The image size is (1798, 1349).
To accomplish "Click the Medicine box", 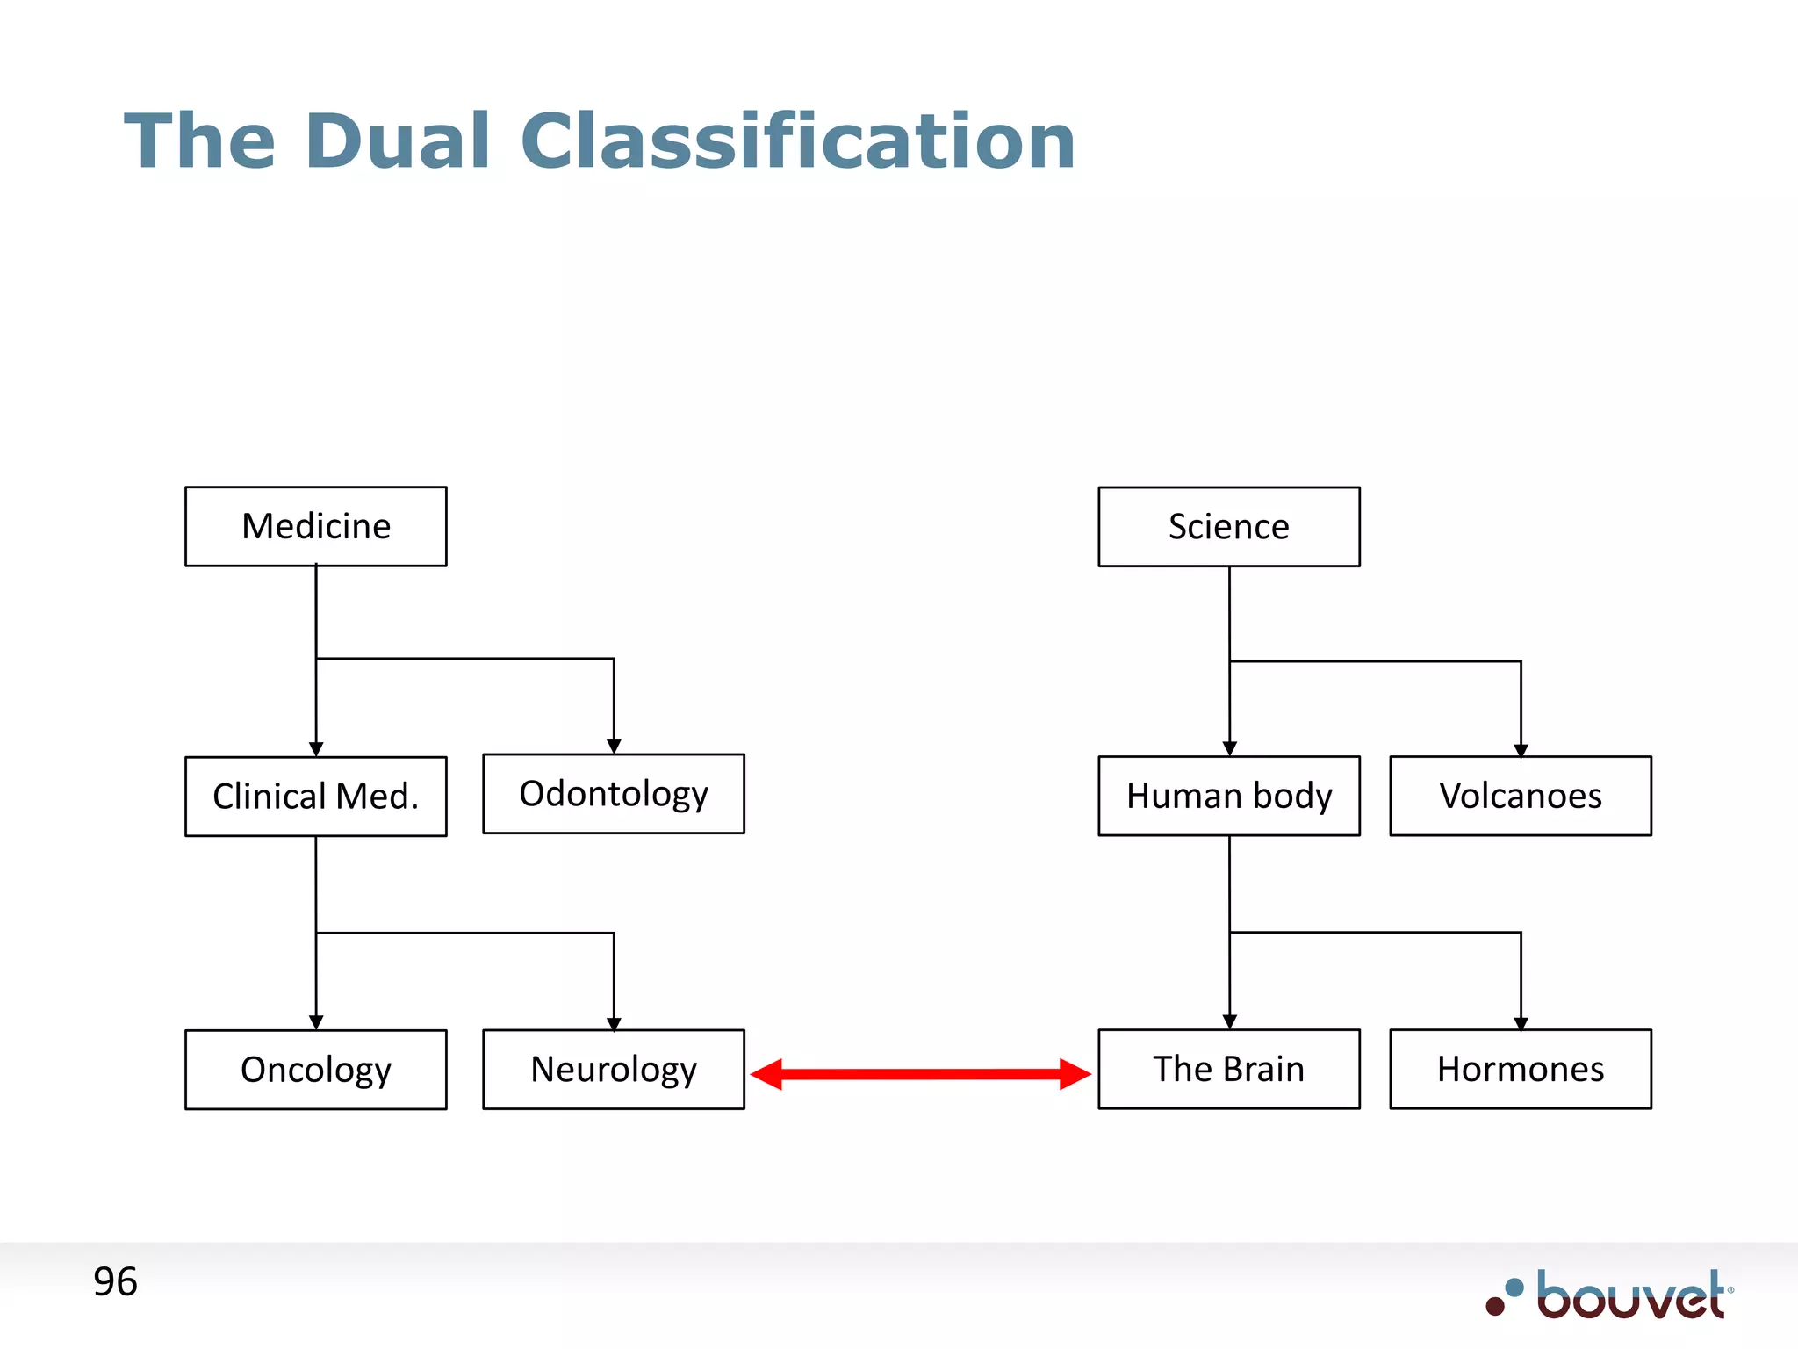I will coord(316,526).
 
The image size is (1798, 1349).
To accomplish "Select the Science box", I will coord(1228,526).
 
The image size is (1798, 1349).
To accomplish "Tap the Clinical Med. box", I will coord(316,796).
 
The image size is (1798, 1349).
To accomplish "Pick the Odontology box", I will coord(614,793).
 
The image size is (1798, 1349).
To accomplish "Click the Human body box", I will coord(1228,796).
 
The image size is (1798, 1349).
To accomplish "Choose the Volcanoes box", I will coord(1520,796).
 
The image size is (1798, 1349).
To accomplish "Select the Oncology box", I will coord(316,1069).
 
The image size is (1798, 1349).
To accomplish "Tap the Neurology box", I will coord(614,1069).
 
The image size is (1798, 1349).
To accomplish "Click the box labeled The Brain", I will coord(1228,1069).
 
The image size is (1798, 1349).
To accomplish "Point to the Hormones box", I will coord(1520,1069).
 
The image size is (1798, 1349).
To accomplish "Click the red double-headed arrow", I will coord(920,1073).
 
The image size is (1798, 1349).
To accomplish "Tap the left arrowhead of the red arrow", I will coord(767,1073).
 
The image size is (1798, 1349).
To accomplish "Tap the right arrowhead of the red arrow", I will coord(1074,1073).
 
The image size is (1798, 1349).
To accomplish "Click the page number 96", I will coord(115,1282).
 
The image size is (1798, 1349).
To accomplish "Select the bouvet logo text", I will coord(1631,1296).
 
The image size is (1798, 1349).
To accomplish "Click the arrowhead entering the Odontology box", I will coord(614,746).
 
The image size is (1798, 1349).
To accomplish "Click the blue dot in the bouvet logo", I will coord(1514,1288).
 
